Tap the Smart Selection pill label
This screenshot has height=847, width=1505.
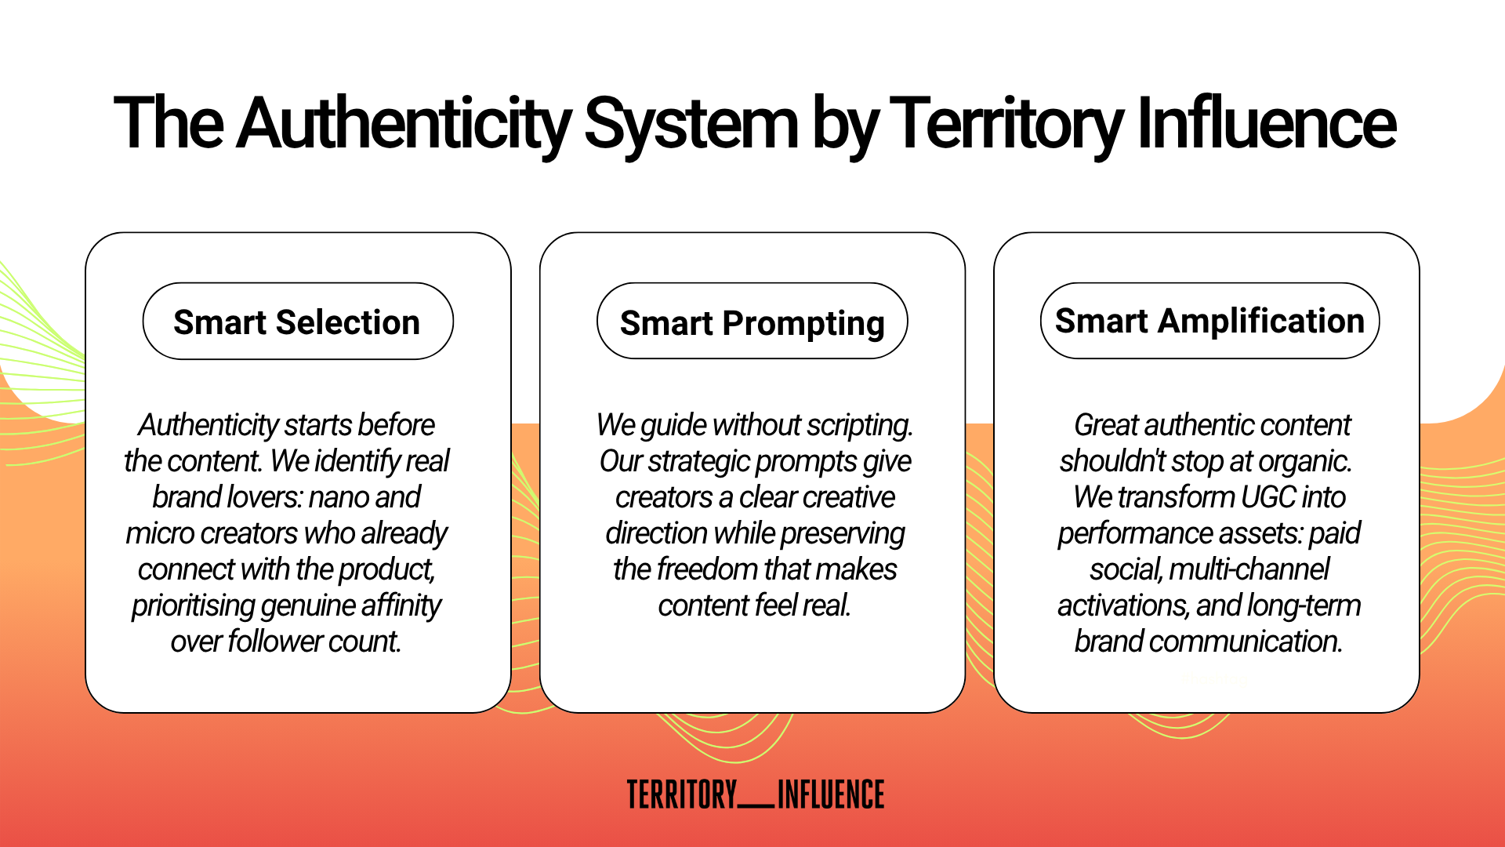[297, 322]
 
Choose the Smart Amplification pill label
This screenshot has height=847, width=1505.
[1209, 322]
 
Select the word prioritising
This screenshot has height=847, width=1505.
[194, 605]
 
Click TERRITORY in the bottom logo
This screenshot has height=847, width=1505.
[682, 794]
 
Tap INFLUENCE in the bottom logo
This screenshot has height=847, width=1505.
[831, 794]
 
